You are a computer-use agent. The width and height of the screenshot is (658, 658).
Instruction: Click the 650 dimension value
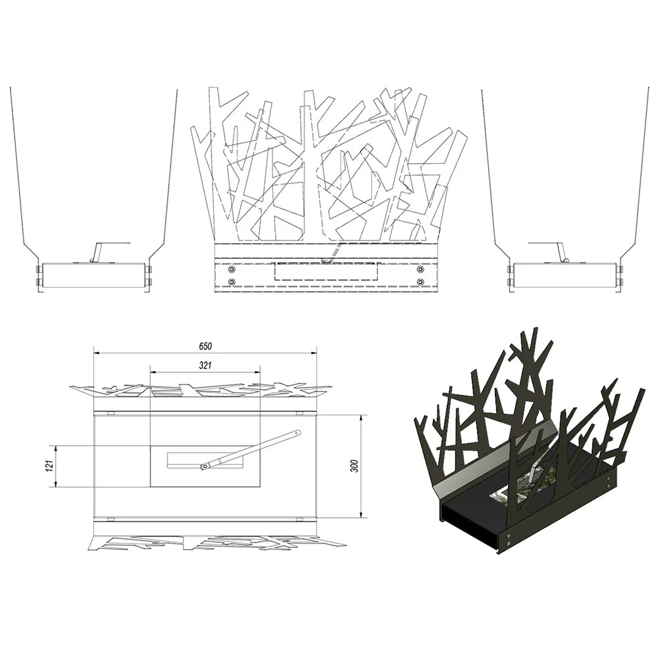[205, 346]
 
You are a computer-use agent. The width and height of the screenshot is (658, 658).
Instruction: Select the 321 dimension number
[205, 365]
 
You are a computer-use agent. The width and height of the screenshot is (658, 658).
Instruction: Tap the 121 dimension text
[49, 465]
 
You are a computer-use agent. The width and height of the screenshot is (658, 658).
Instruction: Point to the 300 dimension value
[355, 466]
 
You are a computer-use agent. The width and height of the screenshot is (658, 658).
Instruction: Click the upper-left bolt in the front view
[231, 269]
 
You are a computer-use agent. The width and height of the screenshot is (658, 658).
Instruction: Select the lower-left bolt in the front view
[231, 282]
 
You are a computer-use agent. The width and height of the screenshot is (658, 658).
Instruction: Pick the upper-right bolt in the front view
[420, 269]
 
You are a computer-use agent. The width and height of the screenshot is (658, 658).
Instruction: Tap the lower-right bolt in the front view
[420, 282]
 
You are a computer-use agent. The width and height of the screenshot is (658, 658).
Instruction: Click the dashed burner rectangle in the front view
[326, 272]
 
